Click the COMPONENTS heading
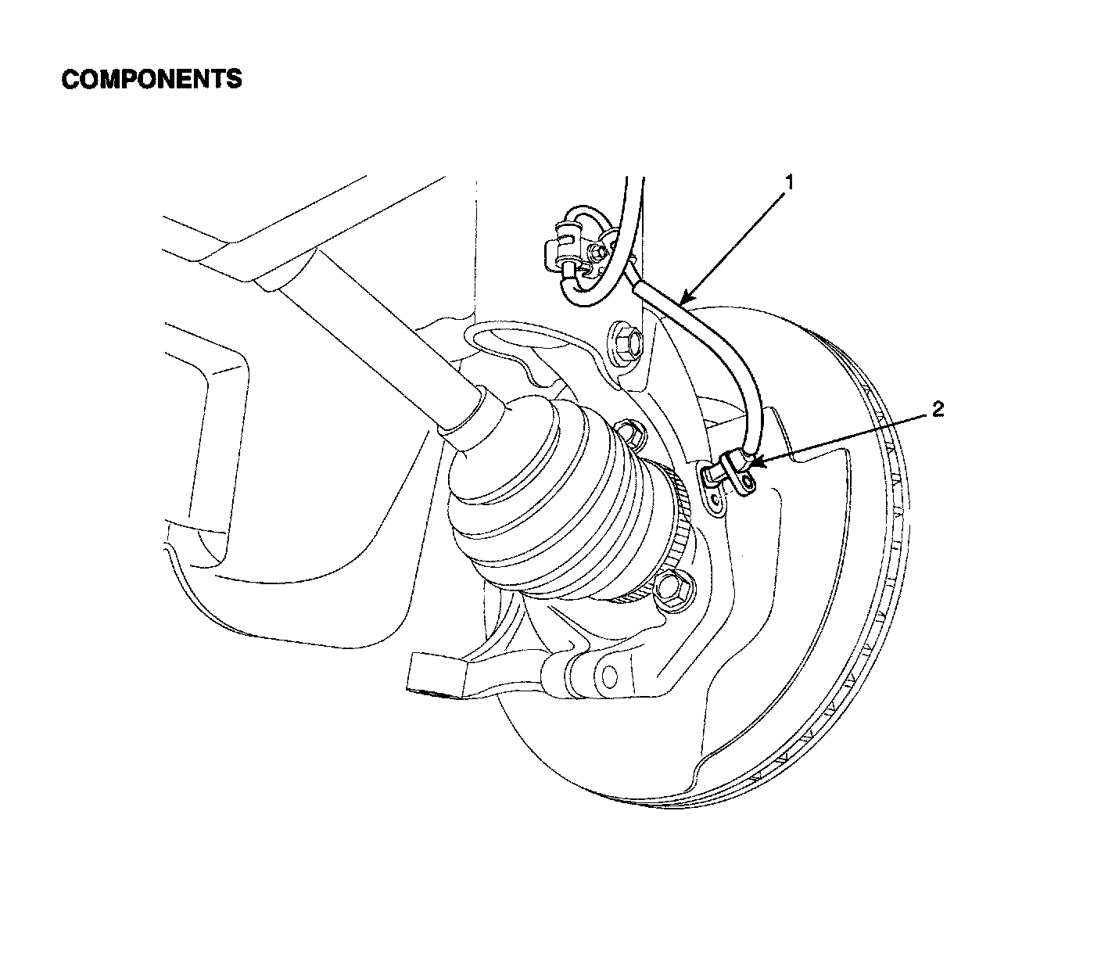tap(152, 79)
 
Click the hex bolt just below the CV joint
tap(674, 588)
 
